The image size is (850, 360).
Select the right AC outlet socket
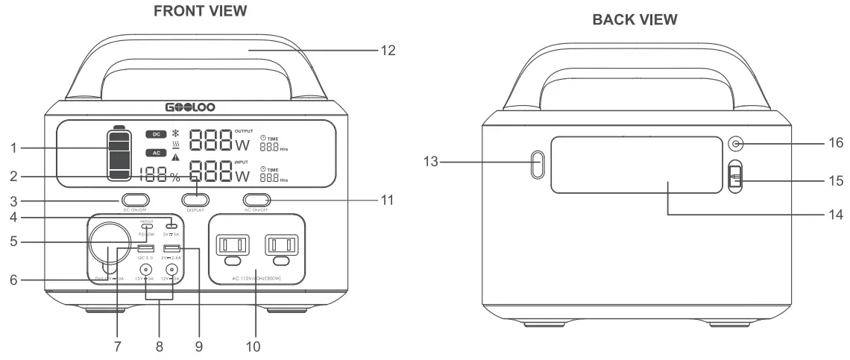[x=280, y=247]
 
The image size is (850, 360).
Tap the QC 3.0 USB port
[x=146, y=248]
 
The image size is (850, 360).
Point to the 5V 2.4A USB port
[x=172, y=248]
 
